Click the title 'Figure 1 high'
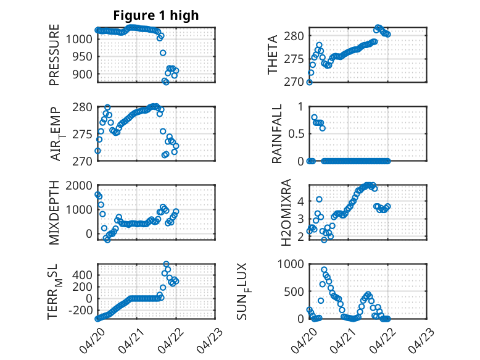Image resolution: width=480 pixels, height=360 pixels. point(156,15)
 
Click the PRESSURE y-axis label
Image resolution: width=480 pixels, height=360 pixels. point(54,55)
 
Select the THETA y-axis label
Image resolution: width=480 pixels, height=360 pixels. point(272,55)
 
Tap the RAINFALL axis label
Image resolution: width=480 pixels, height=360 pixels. point(276,133)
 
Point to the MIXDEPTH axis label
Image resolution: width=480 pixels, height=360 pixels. point(54,212)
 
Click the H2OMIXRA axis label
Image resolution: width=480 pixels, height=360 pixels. point(286,212)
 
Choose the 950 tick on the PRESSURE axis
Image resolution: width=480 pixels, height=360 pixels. point(82,57)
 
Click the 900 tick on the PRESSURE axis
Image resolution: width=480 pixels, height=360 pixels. point(82,74)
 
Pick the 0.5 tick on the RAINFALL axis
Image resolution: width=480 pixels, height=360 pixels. point(296,134)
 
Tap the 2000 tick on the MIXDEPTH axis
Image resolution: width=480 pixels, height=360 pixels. point(79,186)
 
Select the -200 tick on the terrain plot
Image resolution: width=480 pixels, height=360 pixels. point(80,311)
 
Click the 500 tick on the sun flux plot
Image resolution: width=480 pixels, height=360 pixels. point(294,291)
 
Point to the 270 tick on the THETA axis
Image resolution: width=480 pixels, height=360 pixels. point(294,82)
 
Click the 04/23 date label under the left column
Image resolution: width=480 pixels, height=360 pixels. point(210,341)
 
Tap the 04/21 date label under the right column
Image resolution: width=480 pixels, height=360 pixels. point(343,341)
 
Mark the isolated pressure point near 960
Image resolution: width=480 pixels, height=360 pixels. point(163,53)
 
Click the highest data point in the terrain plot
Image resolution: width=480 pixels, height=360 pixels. point(166,264)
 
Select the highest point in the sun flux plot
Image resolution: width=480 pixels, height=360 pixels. point(324,270)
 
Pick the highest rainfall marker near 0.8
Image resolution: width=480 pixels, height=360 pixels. point(314,117)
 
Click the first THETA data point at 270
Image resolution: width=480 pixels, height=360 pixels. point(310,82)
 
